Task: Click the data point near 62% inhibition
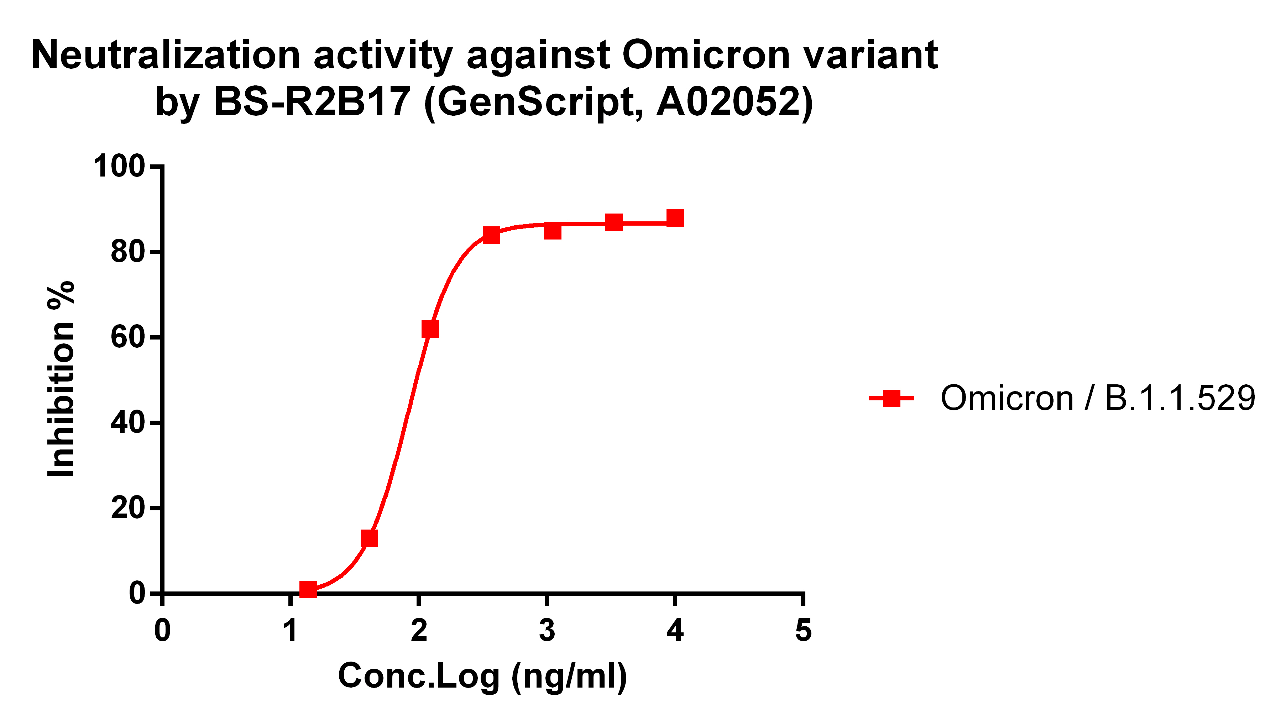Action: pos(430,329)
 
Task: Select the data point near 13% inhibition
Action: pos(369,538)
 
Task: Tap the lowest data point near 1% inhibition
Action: pos(308,589)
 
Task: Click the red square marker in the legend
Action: pos(891,398)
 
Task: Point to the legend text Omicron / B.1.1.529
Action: pos(1097,398)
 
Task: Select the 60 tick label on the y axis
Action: pos(128,337)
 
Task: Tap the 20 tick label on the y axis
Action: pos(128,508)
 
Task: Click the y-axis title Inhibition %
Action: pos(61,379)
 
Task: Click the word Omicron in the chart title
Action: pos(705,54)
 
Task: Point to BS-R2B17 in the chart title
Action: pos(312,102)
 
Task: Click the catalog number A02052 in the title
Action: pos(728,102)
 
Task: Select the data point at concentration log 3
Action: pos(553,231)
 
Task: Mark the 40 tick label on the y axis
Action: pos(128,423)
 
